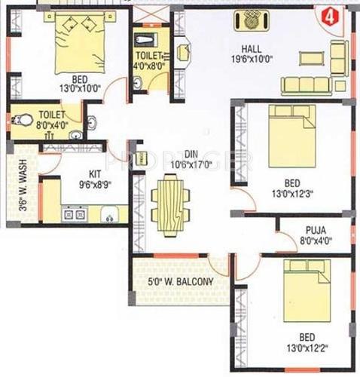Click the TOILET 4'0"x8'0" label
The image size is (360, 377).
(x=151, y=60)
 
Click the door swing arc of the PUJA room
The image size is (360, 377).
(x=286, y=241)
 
